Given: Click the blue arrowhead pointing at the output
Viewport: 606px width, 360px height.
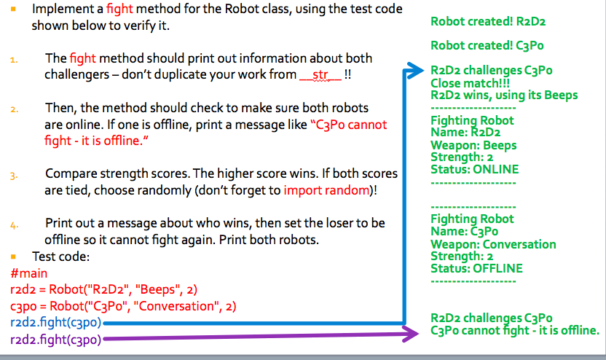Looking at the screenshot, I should pos(414,71).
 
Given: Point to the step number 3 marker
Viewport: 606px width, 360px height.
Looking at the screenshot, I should pos(14,176).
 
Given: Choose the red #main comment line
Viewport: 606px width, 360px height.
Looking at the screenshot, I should pos(30,273).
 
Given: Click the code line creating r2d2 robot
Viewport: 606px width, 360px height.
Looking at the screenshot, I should pos(104,289).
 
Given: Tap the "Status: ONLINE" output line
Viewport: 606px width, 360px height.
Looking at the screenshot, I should pos(474,169).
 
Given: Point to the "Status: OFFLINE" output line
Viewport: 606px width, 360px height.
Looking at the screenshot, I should pos(476,268).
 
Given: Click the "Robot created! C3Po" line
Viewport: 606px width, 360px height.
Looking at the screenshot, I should pos(488,45).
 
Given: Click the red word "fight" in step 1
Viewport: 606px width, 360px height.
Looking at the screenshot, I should pos(82,58).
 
